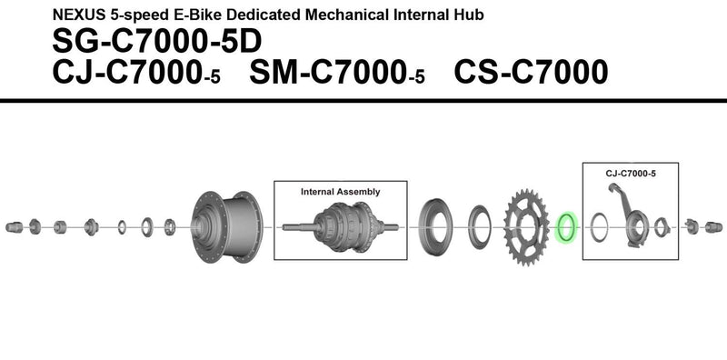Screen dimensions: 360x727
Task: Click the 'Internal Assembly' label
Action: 340,193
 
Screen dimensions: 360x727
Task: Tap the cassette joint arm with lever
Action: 629,215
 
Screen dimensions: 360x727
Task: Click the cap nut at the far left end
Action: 15,225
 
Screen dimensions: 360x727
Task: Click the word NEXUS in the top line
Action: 78,15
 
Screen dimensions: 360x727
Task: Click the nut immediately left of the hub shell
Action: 170,225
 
